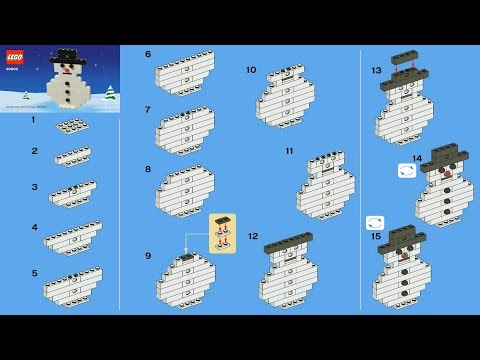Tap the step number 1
coord(33,119)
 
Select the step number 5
coord(34,272)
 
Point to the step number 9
coord(148,255)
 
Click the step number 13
coord(376,70)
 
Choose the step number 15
coord(376,237)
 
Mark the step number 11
coord(289,151)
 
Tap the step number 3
coord(34,186)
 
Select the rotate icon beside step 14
coord(406,171)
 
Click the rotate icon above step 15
coord(375,222)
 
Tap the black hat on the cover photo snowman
coord(68,55)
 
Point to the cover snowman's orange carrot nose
coord(66,71)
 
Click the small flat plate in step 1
coord(70,126)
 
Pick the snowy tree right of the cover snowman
coord(108,93)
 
